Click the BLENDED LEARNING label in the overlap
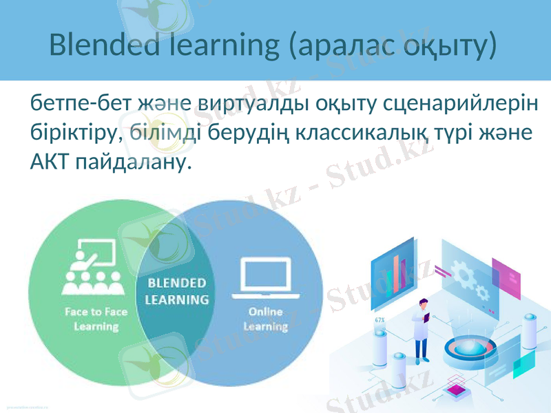click(177, 291)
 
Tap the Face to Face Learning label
click(96, 319)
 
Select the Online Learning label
click(266, 319)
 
